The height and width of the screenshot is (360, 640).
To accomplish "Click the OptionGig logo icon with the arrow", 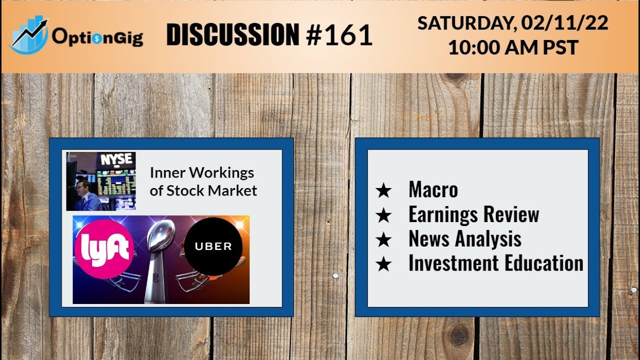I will (x=29, y=35).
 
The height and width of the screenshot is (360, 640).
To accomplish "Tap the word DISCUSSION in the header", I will (x=232, y=35).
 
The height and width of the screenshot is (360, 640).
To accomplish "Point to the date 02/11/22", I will (x=564, y=23).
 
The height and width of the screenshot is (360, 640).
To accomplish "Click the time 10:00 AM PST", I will (x=513, y=47).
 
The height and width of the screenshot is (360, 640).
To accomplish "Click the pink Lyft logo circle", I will (x=103, y=248).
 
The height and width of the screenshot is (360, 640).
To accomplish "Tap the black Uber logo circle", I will (x=213, y=246).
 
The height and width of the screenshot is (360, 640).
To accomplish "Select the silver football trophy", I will (x=159, y=260).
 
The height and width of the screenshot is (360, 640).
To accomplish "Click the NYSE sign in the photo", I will (x=117, y=160).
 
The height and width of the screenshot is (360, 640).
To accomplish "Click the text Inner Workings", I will (x=202, y=173).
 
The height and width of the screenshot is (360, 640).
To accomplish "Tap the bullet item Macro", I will (x=433, y=190).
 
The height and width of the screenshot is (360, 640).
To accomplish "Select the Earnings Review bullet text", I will (x=473, y=214).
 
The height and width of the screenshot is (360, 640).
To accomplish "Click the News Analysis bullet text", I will (x=464, y=239).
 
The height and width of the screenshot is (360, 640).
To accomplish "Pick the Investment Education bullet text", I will (x=495, y=263).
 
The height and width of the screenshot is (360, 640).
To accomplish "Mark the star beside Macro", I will (x=383, y=190).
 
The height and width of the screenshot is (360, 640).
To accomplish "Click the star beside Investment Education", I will (x=383, y=264).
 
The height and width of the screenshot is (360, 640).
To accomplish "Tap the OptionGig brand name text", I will (x=97, y=37).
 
